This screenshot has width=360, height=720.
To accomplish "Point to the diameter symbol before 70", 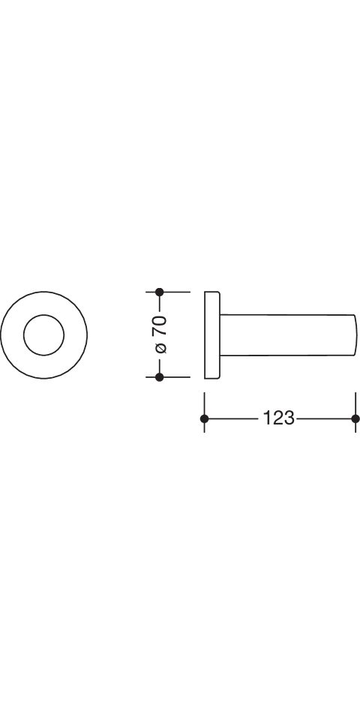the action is point(161,347).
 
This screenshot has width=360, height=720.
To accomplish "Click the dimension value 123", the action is point(278,418).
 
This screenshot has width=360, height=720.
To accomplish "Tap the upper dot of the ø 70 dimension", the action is point(159,292).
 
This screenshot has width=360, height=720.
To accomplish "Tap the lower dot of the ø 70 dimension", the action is point(159,377).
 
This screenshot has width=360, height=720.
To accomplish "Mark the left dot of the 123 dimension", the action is point(204,418).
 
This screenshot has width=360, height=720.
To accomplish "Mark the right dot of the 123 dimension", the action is point(355,418).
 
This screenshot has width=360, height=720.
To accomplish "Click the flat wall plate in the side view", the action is point(211,334).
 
